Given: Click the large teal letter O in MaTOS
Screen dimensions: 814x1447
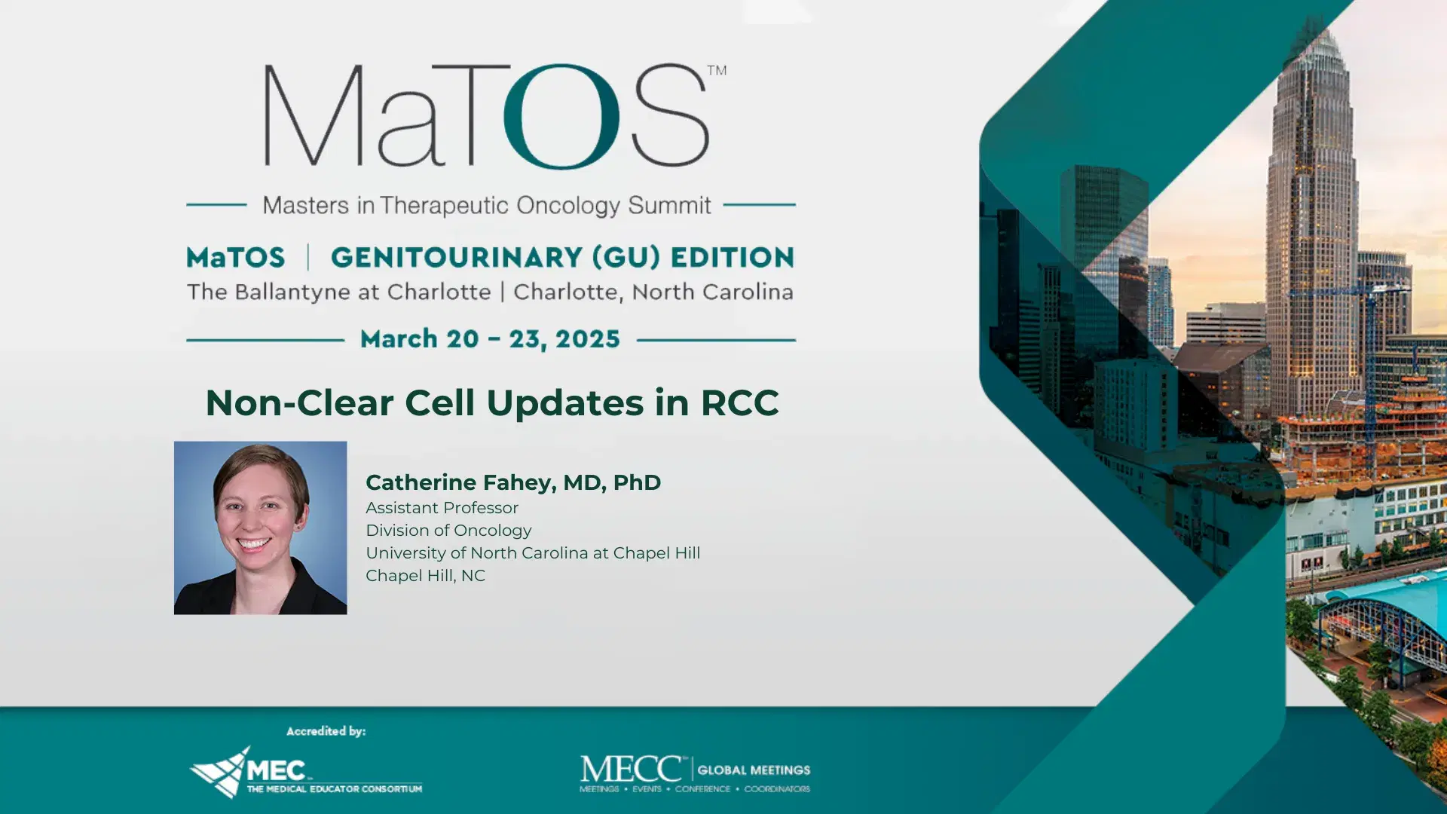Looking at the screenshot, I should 561,117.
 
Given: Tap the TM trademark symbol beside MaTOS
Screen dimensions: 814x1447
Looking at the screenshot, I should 717,70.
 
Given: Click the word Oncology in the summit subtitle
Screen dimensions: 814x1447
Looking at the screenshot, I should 568,205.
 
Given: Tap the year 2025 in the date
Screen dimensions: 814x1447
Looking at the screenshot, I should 587,339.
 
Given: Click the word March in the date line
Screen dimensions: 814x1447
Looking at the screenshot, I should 399,339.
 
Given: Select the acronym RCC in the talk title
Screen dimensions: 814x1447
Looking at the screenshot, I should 739,402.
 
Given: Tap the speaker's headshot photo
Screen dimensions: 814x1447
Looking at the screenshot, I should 260,528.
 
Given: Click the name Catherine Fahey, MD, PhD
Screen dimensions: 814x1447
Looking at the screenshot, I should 513,482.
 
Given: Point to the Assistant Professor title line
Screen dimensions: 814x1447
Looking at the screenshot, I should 442,508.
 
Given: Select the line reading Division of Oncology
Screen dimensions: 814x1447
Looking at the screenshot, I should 448,531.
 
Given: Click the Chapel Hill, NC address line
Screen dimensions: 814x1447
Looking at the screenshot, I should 425,576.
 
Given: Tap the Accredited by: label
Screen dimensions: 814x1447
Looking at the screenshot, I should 326,731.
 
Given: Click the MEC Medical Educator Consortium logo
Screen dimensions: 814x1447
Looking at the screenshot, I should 305,772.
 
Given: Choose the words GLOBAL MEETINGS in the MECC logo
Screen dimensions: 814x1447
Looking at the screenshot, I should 754,770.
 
